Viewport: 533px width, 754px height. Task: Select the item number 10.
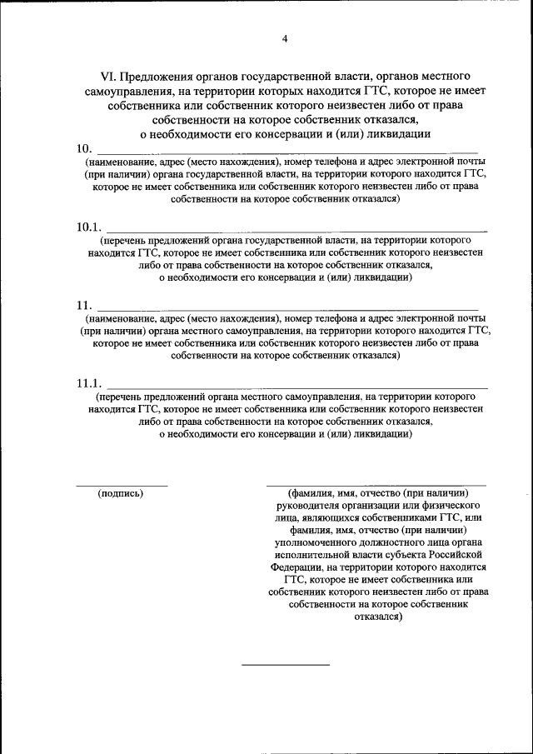click(x=84, y=148)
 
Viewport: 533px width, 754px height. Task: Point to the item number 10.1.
click(x=87, y=227)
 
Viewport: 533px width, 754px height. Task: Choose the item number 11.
click(x=84, y=306)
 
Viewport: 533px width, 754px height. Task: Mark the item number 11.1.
click(x=87, y=383)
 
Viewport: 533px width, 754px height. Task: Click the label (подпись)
click(x=121, y=493)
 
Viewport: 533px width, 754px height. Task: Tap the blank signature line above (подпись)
click(x=122, y=485)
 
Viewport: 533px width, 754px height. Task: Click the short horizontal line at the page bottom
click(x=286, y=664)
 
